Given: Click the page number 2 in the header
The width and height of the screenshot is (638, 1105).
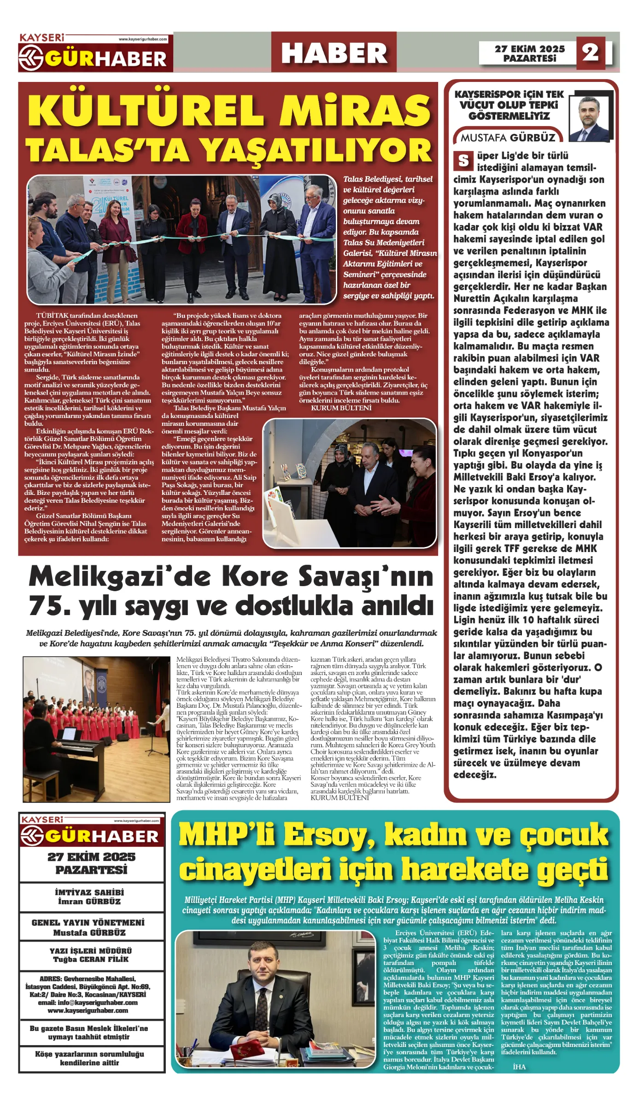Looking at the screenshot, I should (590, 53).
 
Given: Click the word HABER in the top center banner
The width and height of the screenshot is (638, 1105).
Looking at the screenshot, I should (334, 53).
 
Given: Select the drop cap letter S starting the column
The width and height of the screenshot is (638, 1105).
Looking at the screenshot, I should (463, 161).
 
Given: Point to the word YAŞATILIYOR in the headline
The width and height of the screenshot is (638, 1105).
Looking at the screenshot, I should (317, 150).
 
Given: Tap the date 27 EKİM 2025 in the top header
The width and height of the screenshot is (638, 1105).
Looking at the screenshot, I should (530, 49).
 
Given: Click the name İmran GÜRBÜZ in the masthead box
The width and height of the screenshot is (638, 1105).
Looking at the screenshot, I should (89, 901).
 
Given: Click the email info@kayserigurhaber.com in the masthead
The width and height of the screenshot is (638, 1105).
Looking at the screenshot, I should (88, 1003).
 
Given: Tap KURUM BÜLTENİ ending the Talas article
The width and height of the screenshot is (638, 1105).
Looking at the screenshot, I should (341, 408).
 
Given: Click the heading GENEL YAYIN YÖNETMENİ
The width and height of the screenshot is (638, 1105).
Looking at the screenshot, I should (88, 923).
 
